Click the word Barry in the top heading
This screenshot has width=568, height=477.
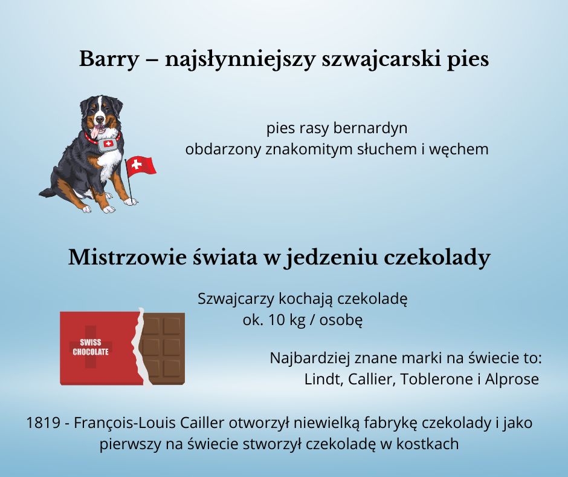tap(109, 59)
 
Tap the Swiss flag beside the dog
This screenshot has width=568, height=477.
tap(141, 166)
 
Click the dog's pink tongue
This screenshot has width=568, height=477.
tap(96, 132)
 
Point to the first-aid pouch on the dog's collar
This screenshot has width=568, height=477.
tap(108, 143)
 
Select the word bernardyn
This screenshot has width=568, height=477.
tap(370, 128)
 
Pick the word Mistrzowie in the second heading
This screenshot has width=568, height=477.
tap(127, 257)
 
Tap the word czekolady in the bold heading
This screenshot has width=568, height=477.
tap(437, 258)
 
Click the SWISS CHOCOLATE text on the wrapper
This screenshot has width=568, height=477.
tap(91, 347)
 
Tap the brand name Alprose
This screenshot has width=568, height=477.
tap(512, 380)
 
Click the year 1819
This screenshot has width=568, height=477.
tap(43, 423)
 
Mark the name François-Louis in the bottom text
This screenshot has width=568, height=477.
tap(125, 423)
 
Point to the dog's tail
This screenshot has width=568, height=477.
tap(48, 191)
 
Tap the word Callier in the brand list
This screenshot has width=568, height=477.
tap(372, 379)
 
